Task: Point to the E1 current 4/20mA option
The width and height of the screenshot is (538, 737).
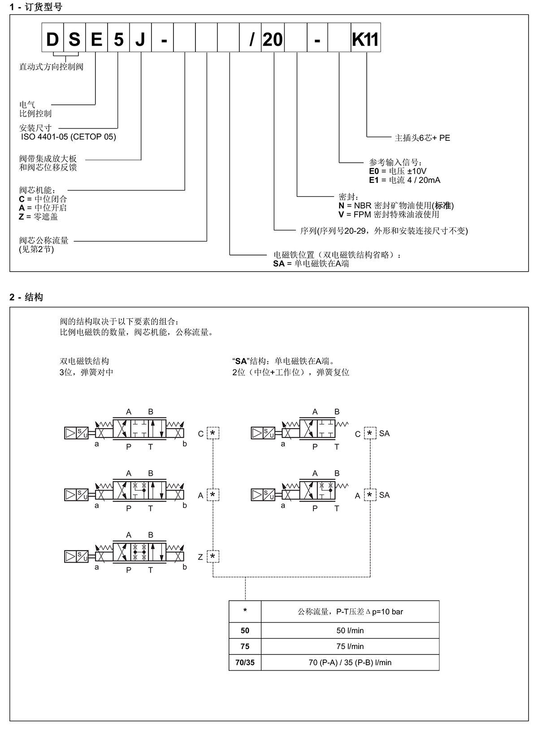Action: point(404,180)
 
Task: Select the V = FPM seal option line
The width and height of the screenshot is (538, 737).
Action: point(389,214)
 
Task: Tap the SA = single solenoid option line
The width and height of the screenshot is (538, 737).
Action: point(311,264)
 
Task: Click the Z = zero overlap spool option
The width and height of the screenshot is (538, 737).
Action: point(39,217)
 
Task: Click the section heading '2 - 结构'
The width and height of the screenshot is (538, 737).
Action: point(26,297)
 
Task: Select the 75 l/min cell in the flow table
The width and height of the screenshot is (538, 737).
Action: point(350,646)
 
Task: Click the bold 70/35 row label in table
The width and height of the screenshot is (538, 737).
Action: point(245,663)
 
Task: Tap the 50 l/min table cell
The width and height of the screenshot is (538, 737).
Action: point(350,630)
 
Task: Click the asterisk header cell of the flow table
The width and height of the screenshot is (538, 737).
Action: point(245,611)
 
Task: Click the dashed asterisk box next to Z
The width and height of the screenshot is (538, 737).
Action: point(213,557)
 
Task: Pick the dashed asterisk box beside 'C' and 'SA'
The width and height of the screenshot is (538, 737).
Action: point(369,434)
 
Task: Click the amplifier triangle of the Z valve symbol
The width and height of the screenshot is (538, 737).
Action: point(70,556)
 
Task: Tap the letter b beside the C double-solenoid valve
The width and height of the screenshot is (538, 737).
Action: point(185,444)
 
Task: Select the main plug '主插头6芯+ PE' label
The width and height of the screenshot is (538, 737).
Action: point(422,138)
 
